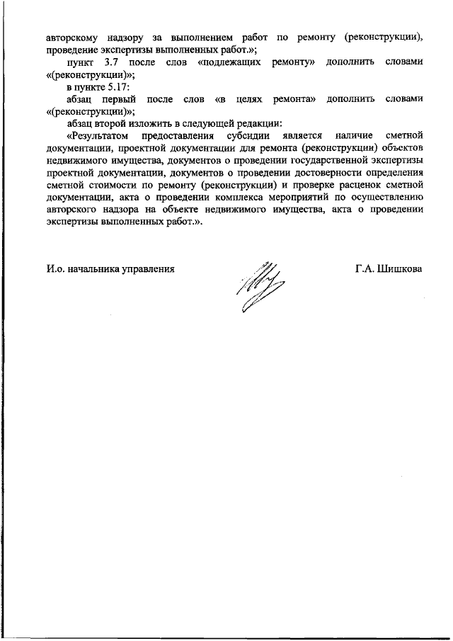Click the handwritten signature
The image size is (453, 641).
(x=258, y=287)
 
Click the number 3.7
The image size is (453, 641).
(x=104, y=62)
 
